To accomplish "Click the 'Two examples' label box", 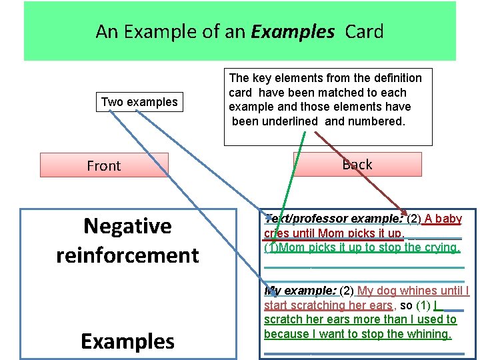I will click(139, 102).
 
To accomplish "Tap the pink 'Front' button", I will click(104, 165).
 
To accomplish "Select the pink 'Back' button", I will click(357, 164).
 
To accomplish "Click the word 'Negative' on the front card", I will click(127, 227).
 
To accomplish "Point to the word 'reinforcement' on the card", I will click(127, 255).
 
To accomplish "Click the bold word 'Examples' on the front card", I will click(127, 341).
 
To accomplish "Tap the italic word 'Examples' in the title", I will click(293, 31).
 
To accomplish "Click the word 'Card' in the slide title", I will click(364, 31).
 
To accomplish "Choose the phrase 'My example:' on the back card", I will click(301, 291).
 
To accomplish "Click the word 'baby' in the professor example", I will click(448, 219).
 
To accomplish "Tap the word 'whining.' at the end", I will click(431, 334).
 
